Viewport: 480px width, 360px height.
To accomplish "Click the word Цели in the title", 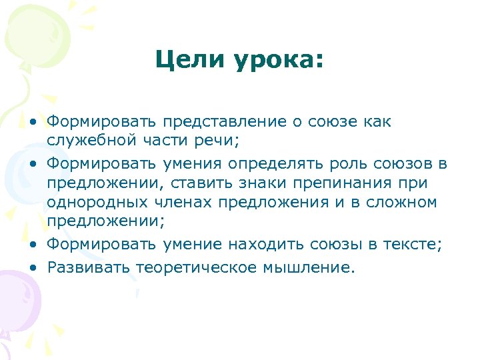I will [188, 61].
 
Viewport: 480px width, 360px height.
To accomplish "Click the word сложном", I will [399, 201].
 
